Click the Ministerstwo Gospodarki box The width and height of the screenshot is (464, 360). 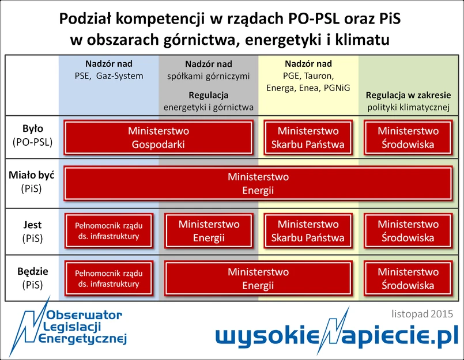click(159, 137)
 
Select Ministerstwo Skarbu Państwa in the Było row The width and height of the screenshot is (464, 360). click(308, 137)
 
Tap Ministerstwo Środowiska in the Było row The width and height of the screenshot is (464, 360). click(408, 137)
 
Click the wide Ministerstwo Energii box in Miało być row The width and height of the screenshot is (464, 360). click(258, 183)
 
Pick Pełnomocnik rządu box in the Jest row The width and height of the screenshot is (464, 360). click(109, 231)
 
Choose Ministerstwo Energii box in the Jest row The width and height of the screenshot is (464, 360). click(209, 231)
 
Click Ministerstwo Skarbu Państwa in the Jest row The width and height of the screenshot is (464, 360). click(308, 231)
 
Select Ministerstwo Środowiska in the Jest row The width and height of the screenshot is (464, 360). click(408, 231)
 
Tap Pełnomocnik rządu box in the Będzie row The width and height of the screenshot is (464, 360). click(109, 278)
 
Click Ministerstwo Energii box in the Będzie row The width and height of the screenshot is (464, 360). click(258, 278)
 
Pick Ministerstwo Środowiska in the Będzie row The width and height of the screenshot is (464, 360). click(408, 278)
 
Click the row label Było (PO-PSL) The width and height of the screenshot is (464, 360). click(32, 135)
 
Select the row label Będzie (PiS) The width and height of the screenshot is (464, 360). click(32, 278)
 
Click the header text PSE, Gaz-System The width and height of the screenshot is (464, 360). click(109, 76)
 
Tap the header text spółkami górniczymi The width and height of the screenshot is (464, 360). click(208, 76)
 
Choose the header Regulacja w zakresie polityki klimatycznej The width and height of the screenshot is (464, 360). click(408, 101)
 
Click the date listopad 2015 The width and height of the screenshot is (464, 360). click(422, 314)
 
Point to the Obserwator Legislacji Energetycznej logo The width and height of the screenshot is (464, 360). click(68, 327)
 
